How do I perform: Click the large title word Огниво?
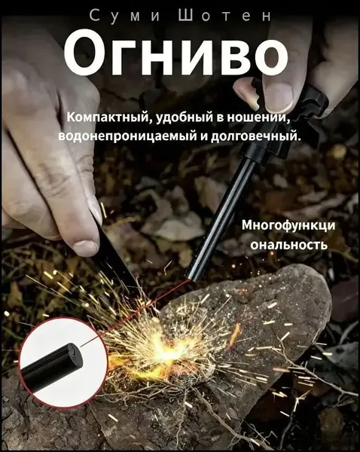[176, 53]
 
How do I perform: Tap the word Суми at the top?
[125, 16]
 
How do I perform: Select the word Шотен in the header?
[224, 16]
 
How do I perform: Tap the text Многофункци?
[288, 225]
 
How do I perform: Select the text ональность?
[288, 245]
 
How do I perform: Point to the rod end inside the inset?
[75, 353]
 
